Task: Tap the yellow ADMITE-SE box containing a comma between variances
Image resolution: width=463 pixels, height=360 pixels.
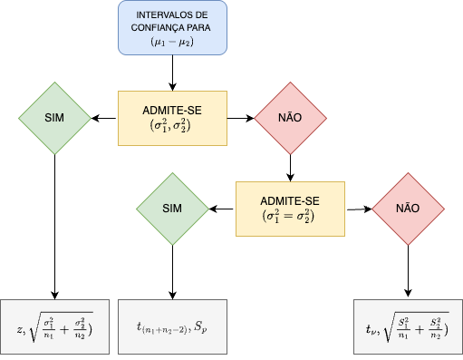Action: [172, 118]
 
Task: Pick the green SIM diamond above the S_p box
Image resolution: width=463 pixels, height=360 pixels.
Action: [172, 209]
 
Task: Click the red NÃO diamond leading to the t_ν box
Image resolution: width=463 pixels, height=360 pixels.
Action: [407, 209]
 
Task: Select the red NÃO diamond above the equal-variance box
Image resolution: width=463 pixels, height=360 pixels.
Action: [289, 118]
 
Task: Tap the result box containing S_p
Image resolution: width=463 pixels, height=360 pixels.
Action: [172, 325]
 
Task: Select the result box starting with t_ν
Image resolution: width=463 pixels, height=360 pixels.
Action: [407, 325]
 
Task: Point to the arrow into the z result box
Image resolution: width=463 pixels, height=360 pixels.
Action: [55, 227]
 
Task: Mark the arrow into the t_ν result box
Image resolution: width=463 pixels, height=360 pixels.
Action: [407, 272]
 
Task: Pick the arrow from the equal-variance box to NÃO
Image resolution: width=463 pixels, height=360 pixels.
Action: [358, 209]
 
